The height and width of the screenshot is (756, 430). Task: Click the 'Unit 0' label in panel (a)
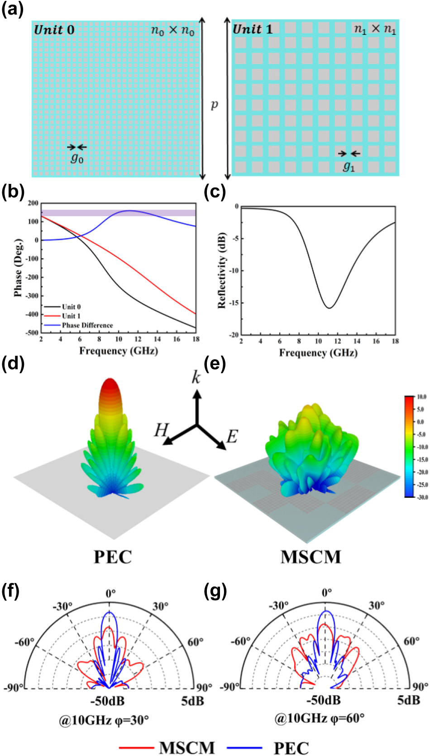coord(54,30)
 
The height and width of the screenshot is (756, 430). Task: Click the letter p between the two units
coord(215,105)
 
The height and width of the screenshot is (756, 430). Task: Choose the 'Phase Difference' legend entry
coord(87,325)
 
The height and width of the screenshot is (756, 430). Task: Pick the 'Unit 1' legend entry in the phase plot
coord(71,316)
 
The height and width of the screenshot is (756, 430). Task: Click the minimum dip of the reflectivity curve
coord(330,308)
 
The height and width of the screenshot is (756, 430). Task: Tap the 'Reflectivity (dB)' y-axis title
coord(221,271)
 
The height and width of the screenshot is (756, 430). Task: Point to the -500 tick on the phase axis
coord(32,332)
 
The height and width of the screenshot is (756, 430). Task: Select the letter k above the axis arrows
coord(196,377)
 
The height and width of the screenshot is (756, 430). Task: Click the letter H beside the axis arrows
coord(161,429)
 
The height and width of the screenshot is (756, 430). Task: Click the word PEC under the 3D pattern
coord(113,557)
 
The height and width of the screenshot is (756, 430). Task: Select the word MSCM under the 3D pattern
coord(311,557)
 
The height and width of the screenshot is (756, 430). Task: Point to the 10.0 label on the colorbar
coord(421,397)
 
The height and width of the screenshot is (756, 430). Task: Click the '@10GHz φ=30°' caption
coord(104,720)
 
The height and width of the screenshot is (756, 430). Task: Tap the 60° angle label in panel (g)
coord(411,641)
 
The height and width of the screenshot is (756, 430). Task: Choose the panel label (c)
coord(215,192)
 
